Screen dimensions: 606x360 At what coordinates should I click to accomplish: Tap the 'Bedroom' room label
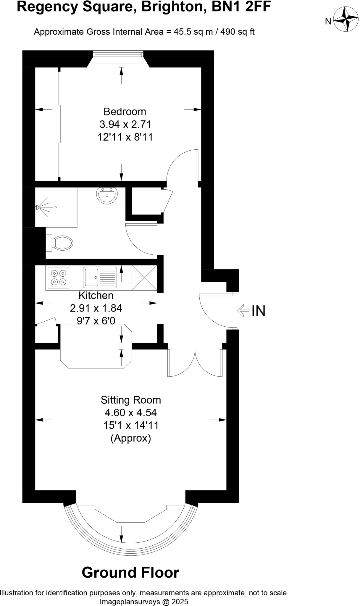(x=125, y=112)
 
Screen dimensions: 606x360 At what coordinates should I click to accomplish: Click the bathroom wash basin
(x=107, y=195)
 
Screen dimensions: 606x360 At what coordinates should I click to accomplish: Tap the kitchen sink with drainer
(x=100, y=277)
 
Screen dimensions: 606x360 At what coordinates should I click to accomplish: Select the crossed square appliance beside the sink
(x=144, y=278)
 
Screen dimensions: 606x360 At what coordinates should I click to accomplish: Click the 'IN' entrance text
(x=258, y=311)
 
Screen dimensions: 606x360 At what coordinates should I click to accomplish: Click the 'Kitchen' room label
(x=96, y=295)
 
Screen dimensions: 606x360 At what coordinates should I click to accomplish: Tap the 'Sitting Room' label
(x=131, y=400)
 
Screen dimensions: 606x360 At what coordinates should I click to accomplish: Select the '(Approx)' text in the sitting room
(x=131, y=438)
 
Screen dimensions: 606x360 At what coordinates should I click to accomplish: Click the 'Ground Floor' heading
(x=130, y=572)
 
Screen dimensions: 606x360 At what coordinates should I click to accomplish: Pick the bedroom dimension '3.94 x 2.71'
(x=125, y=124)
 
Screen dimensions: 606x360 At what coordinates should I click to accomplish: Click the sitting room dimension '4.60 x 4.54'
(x=131, y=412)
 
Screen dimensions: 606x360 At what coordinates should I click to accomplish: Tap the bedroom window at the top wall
(x=118, y=54)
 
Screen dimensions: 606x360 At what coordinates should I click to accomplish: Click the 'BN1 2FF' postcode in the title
(x=241, y=7)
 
